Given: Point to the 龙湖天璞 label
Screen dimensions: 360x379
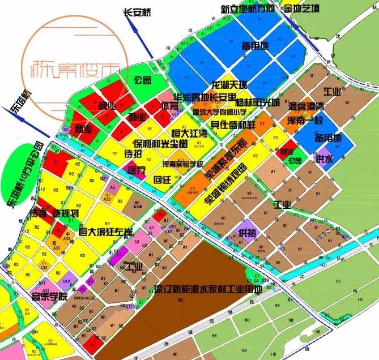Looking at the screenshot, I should click(229, 85).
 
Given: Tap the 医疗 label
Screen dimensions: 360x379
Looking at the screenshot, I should click(137, 170).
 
